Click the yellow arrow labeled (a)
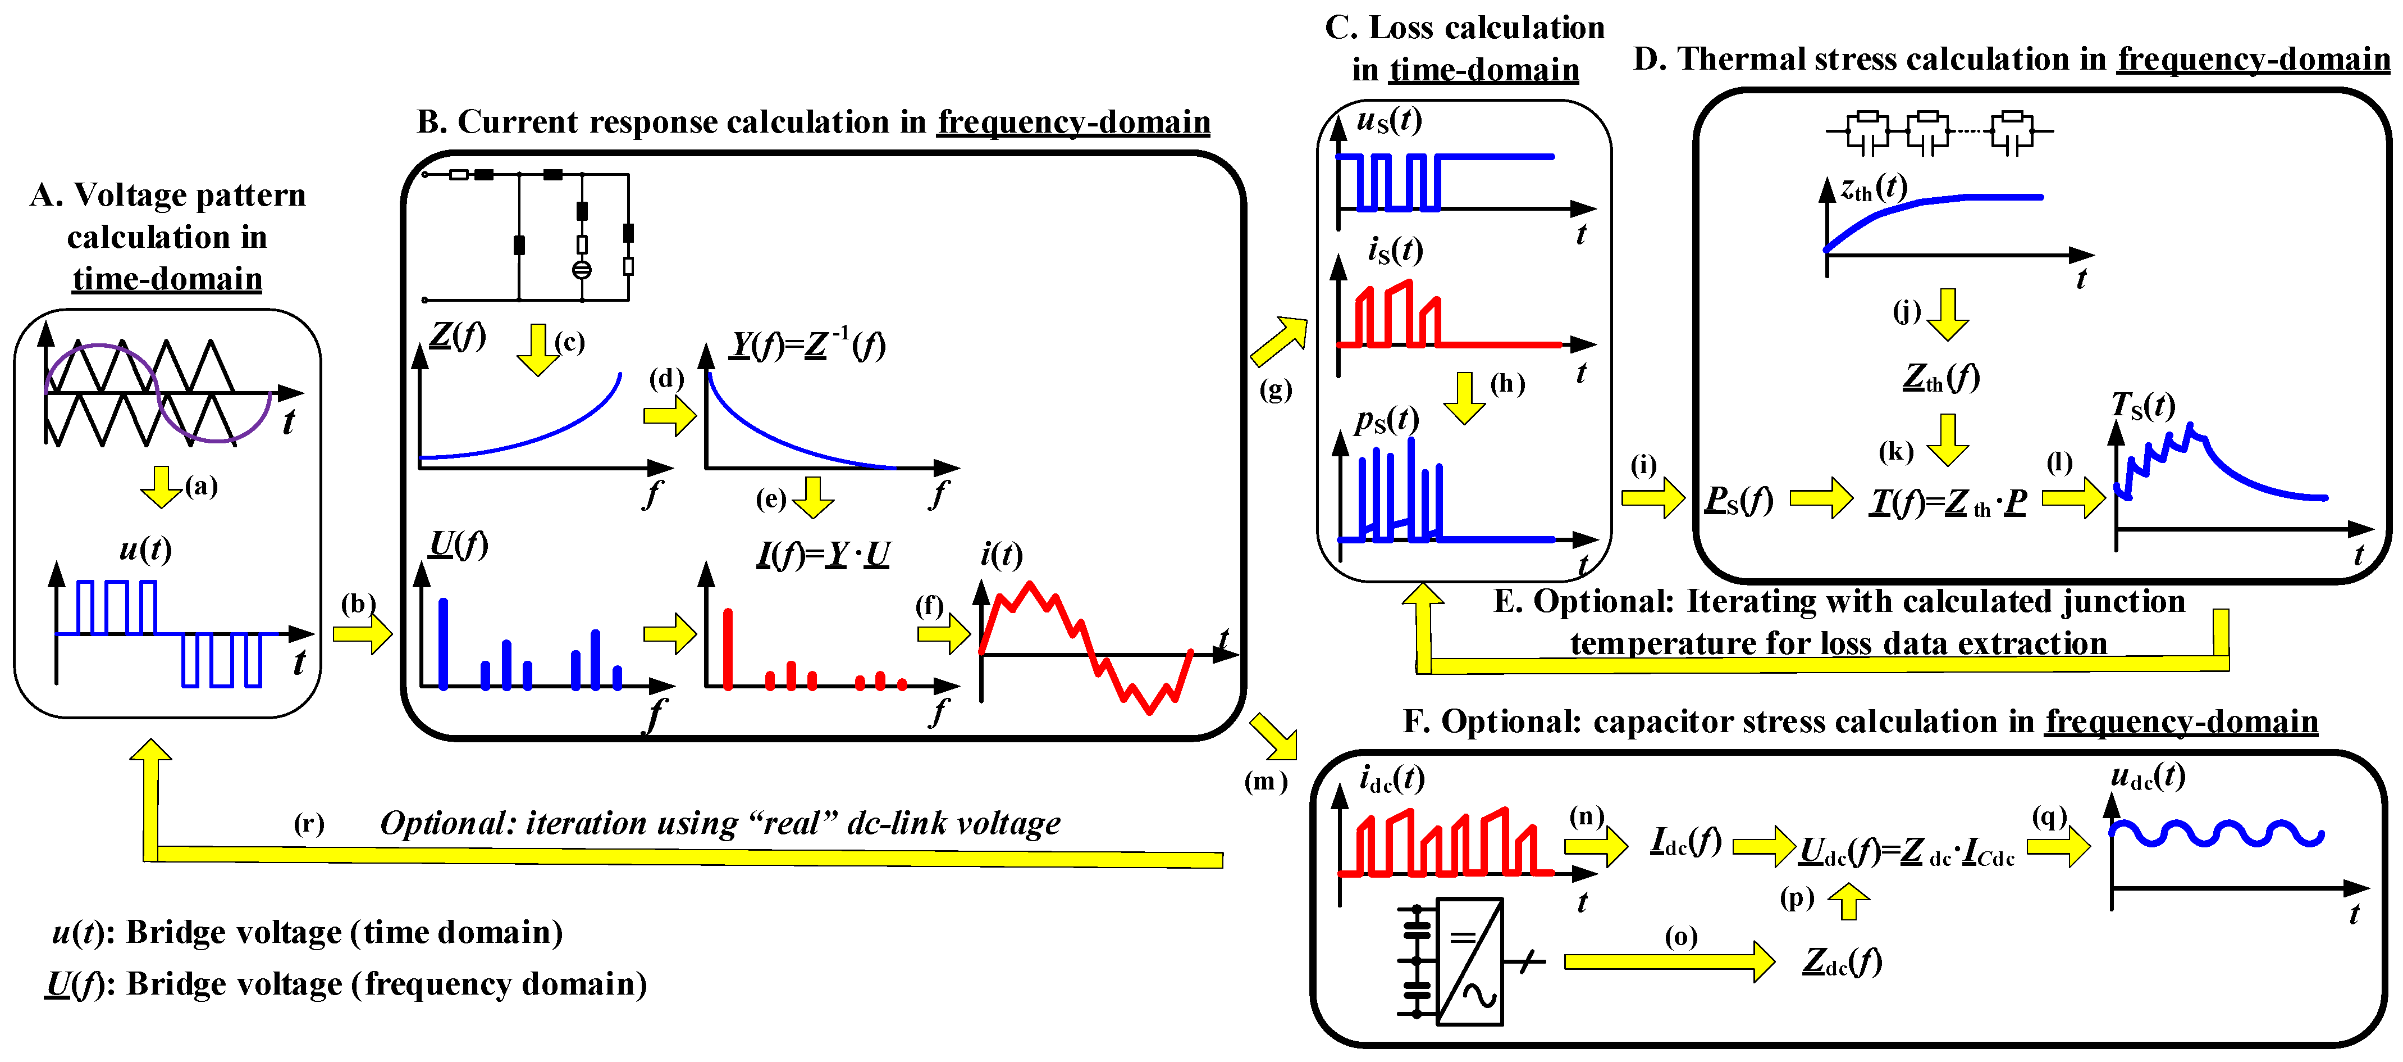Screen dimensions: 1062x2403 pos(161,486)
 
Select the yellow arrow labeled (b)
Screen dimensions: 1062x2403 pos(363,634)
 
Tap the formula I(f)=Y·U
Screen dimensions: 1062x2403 pos(823,555)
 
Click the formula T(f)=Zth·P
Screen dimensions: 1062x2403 pos(1948,502)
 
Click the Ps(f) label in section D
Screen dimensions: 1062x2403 pos(1738,500)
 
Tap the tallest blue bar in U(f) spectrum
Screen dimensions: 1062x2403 pos(443,644)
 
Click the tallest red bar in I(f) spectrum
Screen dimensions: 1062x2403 pos(728,648)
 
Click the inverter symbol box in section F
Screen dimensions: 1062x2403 pos(1469,961)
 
